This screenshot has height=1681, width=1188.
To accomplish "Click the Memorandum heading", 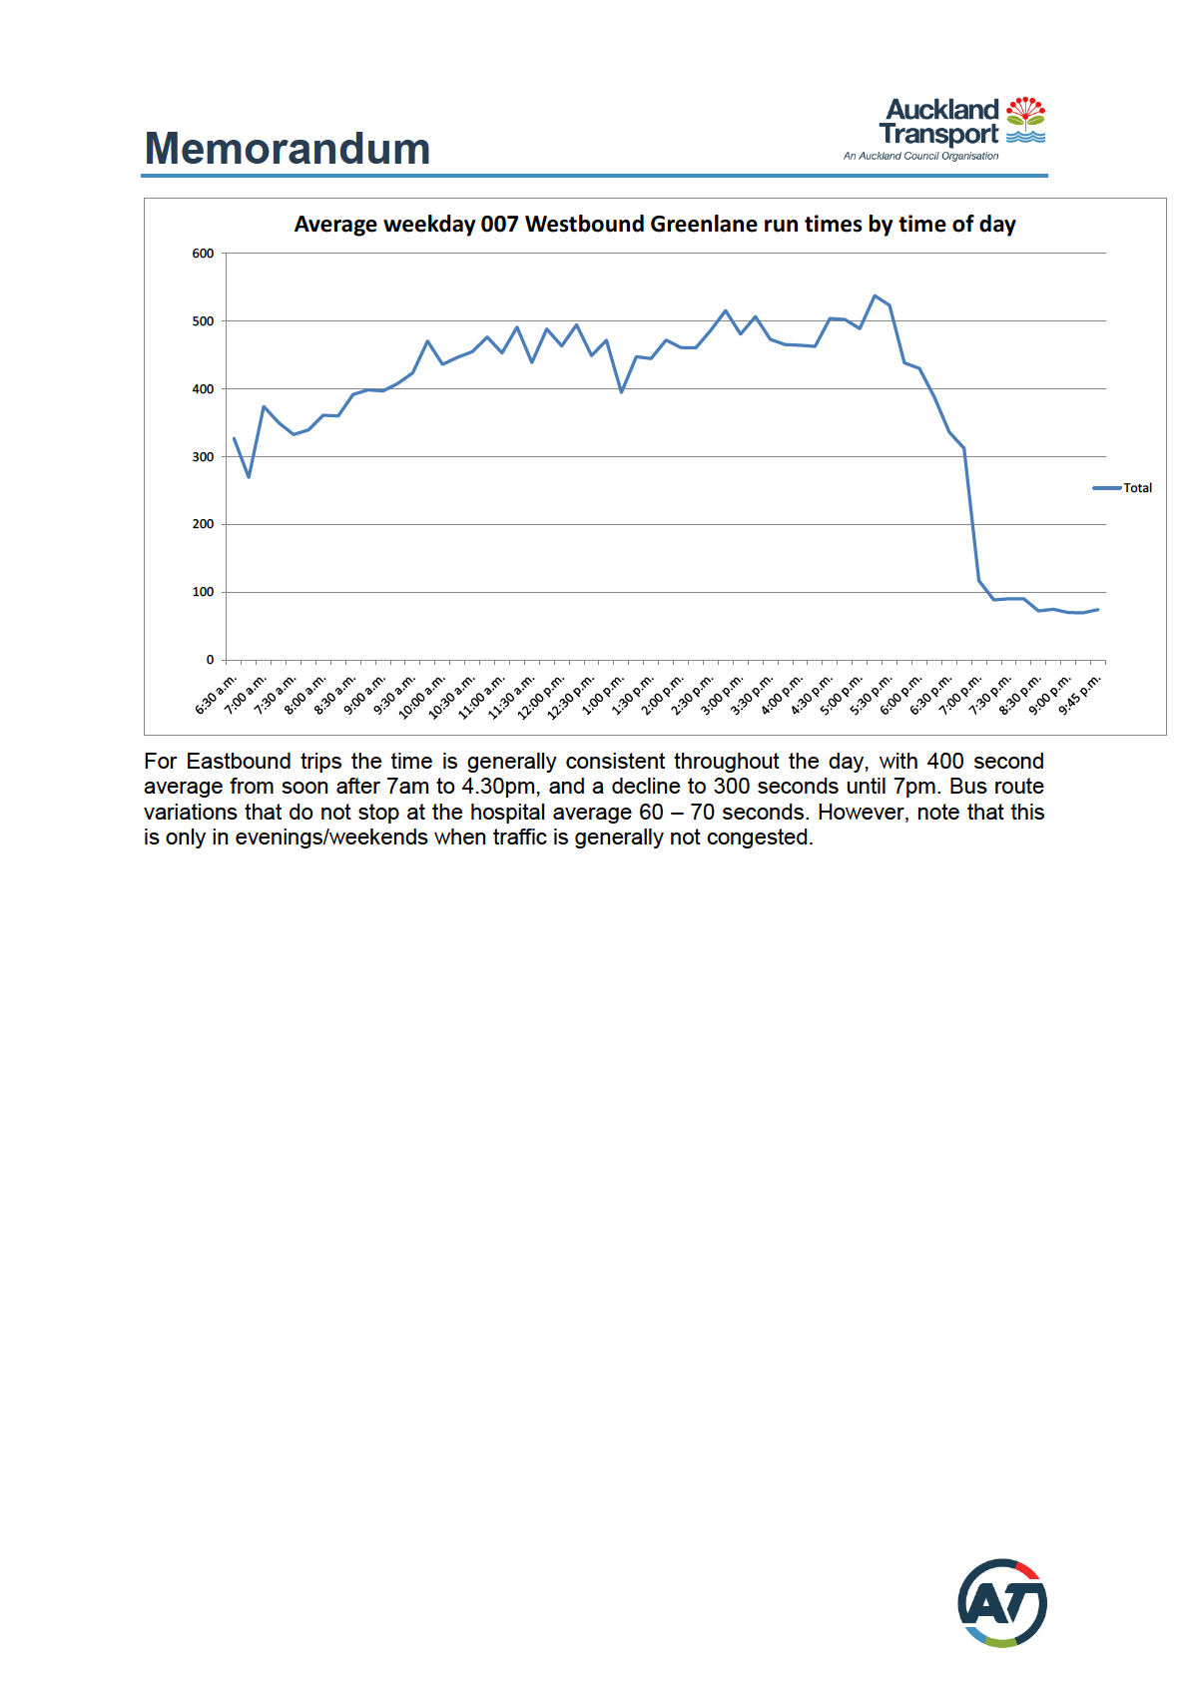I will (x=288, y=149).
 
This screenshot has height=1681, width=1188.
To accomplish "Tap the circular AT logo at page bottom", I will (x=1001, y=1603).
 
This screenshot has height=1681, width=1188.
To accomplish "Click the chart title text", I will (x=654, y=225).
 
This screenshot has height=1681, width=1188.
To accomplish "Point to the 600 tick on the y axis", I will (x=204, y=254).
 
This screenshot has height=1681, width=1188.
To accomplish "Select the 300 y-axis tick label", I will (x=204, y=457).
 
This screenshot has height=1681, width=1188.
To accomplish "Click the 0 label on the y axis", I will (x=210, y=660).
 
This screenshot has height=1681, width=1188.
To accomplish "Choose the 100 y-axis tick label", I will (x=204, y=592).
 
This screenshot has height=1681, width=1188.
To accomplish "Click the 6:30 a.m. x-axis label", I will (x=217, y=695).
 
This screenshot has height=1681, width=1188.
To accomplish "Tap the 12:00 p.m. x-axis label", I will (x=542, y=697).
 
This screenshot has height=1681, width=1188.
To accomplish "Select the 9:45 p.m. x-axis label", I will (x=1079, y=695).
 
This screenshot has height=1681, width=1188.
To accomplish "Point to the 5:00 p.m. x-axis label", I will (x=842, y=695).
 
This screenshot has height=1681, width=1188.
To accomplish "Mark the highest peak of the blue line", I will (x=875, y=296).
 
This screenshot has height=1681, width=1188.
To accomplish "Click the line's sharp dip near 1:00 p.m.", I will (x=621, y=391).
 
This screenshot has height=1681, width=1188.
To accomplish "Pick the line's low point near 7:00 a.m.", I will (x=249, y=476).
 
